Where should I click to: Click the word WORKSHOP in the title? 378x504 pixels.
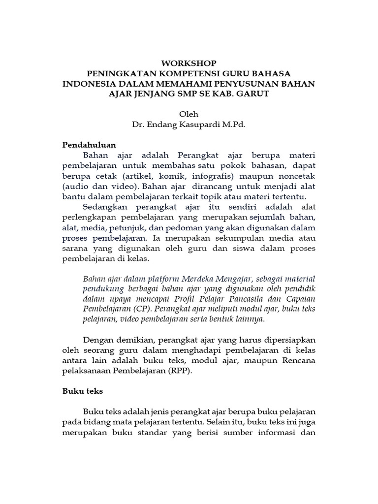click(189, 63)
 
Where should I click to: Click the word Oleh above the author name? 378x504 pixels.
click(189, 115)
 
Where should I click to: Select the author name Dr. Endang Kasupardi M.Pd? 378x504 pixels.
click(189, 125)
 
